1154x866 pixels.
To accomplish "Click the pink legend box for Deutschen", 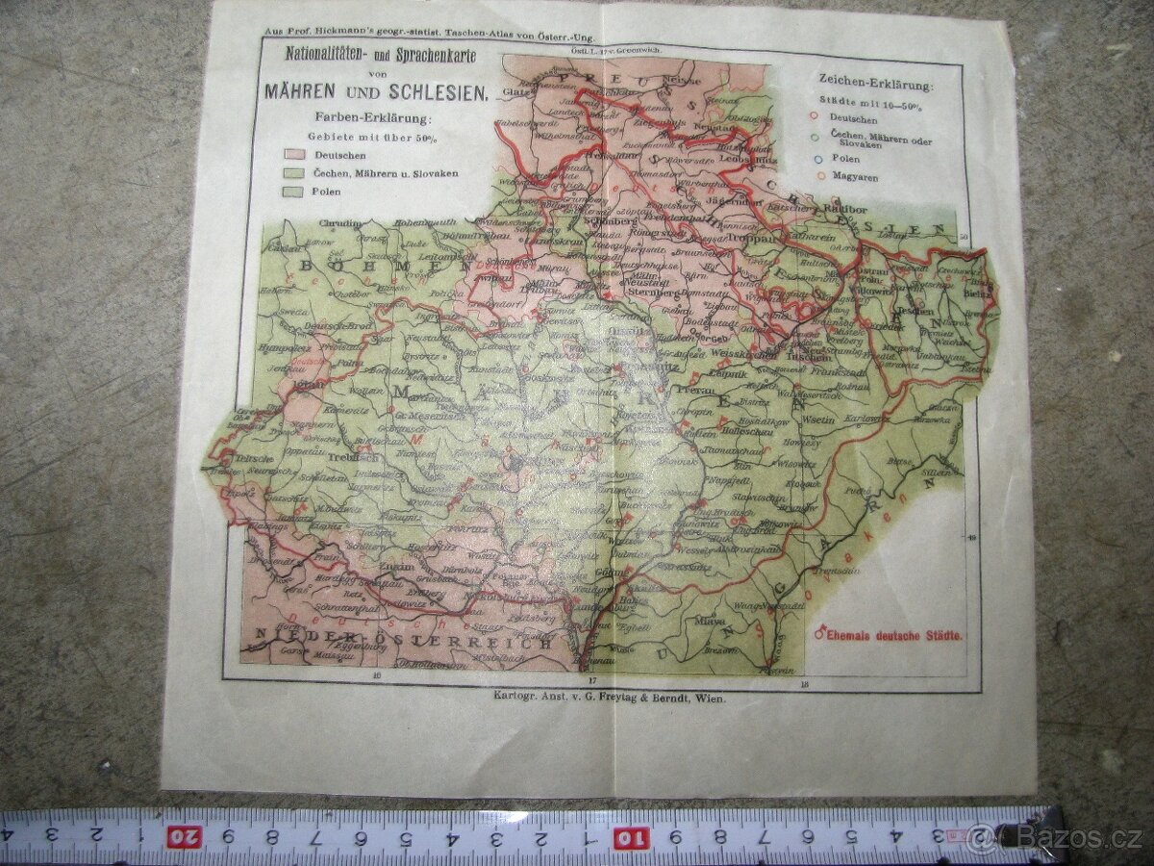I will coord(293,155).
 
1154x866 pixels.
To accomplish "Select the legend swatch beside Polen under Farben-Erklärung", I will coord(293,191).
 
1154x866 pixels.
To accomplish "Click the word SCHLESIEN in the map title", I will coord(439,94).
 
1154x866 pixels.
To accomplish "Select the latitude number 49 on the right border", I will coord(971,539).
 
